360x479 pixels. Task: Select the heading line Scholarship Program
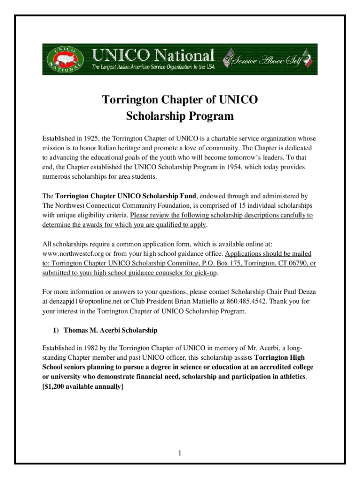[x=180, y=116]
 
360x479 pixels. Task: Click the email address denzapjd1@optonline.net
[x=82, y=302]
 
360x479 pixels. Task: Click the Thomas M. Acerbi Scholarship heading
[x=110, y=330]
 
